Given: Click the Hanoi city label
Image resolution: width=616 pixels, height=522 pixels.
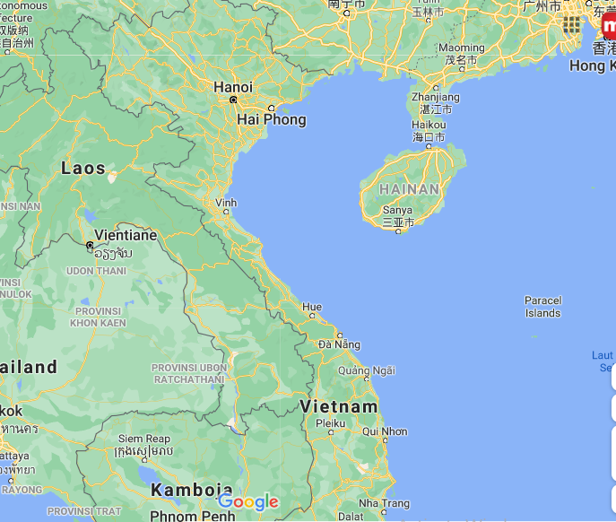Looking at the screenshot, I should pyautogui.click(x=233, y=87).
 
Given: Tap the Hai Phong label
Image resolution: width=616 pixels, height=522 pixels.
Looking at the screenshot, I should pyautogui.click(x=271, y=119).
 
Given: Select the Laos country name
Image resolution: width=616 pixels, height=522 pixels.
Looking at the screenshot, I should pyautogui.click(x=83, y=169).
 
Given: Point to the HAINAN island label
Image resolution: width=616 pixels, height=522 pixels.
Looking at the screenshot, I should pyautogui.click(x=410, y=189).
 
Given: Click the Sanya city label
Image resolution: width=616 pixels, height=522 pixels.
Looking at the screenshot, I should pyautogui.click(x=398, y=211).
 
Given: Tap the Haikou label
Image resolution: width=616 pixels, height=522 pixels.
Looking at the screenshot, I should pyautogui.click(x=428, y=126).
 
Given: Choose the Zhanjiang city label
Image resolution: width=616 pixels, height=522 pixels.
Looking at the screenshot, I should pyautogui.click(x=436, y=97).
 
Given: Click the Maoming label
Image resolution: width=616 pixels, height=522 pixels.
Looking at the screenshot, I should pyautogui.click(x=461, y=48).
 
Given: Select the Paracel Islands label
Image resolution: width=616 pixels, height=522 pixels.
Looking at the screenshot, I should pyautogui.click(x=542, y=307).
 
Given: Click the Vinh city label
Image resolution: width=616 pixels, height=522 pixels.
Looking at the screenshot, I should pyautogui.click(x=226, y=204).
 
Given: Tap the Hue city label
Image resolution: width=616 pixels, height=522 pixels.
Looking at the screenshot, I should pyautogui.click(x=312, y=307).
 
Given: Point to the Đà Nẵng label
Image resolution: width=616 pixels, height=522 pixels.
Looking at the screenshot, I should pyautogui.click(x=340, y=344).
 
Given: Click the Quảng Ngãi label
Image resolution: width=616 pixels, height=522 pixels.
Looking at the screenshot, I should pyautogui.click(x=367, y=370).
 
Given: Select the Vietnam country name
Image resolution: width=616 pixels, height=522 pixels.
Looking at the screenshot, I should pyautogui.click(x=339, y=406).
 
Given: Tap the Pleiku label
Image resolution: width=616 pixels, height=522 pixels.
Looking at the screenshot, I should pyautogui.click(x=330, y=422).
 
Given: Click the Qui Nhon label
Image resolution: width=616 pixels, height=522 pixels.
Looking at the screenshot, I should pyautogui.click(x=385, y=431).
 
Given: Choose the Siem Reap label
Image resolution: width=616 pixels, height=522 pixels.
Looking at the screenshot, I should pyautogui.click(x=143, y=439).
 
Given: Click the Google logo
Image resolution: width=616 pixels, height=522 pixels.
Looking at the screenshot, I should pyautogui.click(x=248, y=502).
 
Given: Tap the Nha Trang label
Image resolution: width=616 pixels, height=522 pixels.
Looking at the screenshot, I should pyautogui.click(x=384, y=503).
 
